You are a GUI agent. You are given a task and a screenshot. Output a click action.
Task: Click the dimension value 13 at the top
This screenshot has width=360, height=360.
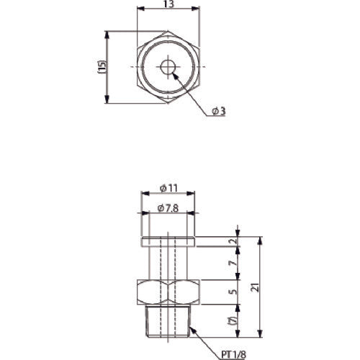(167, 4)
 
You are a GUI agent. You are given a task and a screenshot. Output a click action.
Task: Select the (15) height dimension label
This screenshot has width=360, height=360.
(102, 67)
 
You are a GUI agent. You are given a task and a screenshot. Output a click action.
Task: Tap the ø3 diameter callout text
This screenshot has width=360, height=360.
(219, 110)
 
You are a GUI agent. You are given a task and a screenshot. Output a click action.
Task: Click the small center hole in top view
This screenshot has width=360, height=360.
(167, 67)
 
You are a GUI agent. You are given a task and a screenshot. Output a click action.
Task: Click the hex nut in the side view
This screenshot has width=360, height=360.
(167, 292)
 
